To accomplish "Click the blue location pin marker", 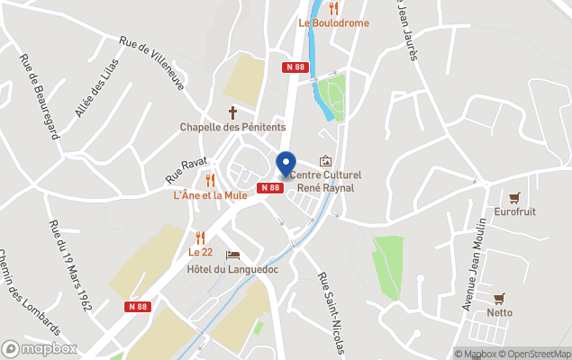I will click(286, 163).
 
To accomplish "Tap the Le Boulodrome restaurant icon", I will click(333, 8).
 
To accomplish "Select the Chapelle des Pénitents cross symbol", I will click(232, 112).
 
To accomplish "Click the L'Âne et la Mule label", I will click(210, 194).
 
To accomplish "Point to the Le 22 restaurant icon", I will click(200, 238).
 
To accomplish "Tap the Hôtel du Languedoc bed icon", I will click(233, 255).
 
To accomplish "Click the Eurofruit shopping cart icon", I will click(514, 197).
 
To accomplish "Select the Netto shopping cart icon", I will click(498, 298).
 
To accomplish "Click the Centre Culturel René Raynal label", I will click(327, 181).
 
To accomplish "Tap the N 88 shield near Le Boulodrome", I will click(294, 67).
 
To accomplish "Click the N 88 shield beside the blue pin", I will click(270, 187).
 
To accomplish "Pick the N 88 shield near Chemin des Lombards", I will click(137, 306).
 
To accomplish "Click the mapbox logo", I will click(39, 348).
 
